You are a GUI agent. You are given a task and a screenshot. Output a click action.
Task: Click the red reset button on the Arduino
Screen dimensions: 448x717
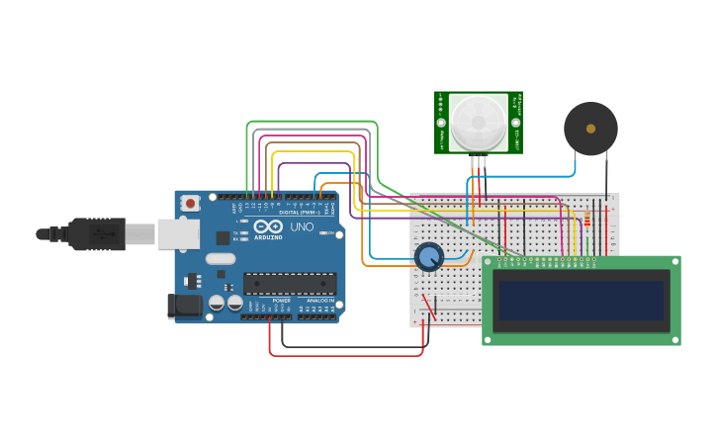190,203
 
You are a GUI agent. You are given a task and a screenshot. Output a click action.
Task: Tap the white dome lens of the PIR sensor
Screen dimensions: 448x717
479,123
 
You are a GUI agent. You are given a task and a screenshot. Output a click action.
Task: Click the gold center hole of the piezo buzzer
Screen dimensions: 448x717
590,129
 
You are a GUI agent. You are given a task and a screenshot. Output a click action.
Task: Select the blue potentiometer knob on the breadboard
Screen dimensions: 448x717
428,257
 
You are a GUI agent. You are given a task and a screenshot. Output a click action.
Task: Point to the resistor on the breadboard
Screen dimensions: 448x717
587,219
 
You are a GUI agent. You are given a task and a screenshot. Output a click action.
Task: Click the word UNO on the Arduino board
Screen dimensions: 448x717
302,227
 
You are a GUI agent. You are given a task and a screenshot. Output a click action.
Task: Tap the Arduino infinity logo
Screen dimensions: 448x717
268,227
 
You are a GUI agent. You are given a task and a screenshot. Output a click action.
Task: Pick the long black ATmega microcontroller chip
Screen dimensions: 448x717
289,284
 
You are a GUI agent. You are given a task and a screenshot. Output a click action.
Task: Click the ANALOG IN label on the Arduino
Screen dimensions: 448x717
318,300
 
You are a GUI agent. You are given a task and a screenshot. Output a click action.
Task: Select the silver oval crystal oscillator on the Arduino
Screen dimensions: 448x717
221,259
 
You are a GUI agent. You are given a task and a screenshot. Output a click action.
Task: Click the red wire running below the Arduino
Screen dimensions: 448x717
346,354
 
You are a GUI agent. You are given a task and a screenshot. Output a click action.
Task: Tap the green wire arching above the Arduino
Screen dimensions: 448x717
312,122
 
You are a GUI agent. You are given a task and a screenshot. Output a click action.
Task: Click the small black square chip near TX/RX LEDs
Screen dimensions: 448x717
223,237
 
